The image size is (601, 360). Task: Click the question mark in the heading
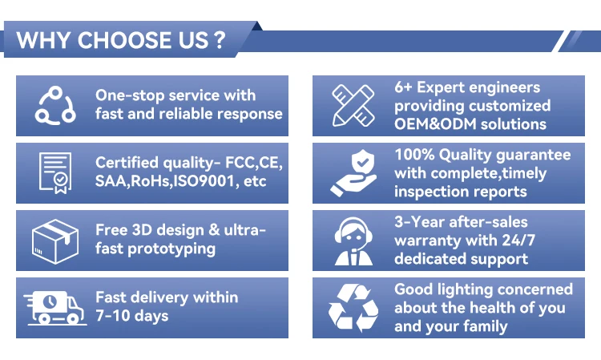tap(220, 39)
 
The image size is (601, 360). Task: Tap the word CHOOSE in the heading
tap(123, 40)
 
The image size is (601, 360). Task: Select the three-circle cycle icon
tap(55, 105)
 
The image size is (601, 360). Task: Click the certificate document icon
tap(55, 173)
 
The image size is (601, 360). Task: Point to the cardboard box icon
tap(55, 241)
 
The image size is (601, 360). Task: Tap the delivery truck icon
tap(55, 308)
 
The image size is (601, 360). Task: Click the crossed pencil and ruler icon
tap(353, 105)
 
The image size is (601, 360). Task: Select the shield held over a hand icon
tap(353, 173)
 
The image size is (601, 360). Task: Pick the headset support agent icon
tap(353, 241)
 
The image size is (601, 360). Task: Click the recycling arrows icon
tap(353, 308)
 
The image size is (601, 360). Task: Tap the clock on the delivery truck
tap(50, 301)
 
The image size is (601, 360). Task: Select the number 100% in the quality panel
tap(415, 155)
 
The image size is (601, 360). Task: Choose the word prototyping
tap(171, 249)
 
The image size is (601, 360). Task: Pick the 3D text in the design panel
tap(142, 230)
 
